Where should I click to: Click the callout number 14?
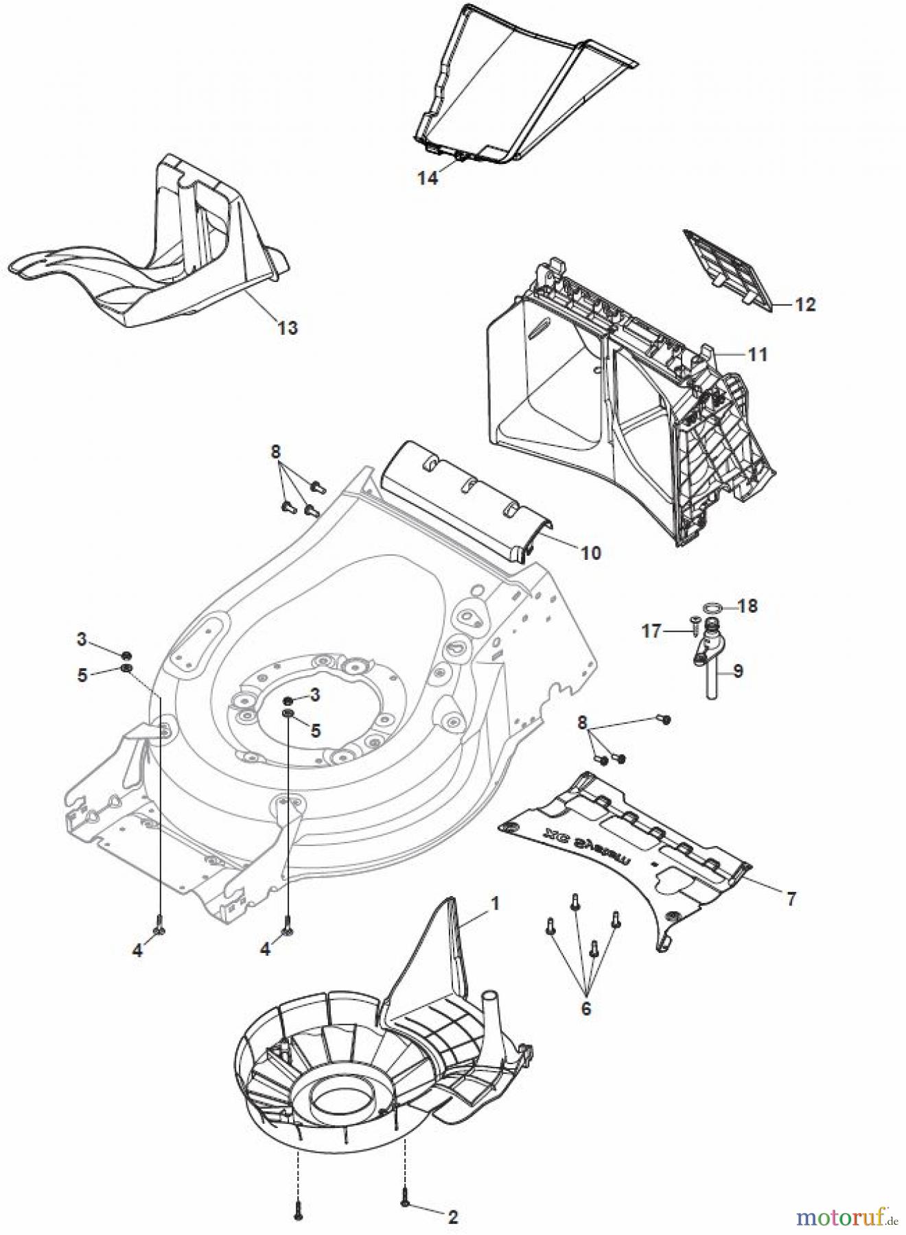[x=427, y=178]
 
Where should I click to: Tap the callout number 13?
[x=288, y=328]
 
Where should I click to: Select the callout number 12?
[x=805, y=304]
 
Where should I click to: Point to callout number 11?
[x=758, y=355]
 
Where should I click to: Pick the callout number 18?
[x=747, y=607]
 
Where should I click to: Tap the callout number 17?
[x=651, y=631]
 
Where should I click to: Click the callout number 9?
[x=738, y=670]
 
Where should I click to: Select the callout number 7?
[x=791, y=899]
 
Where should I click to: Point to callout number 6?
[x=585, y=1009]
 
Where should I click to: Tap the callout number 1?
[x=494, y=904]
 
